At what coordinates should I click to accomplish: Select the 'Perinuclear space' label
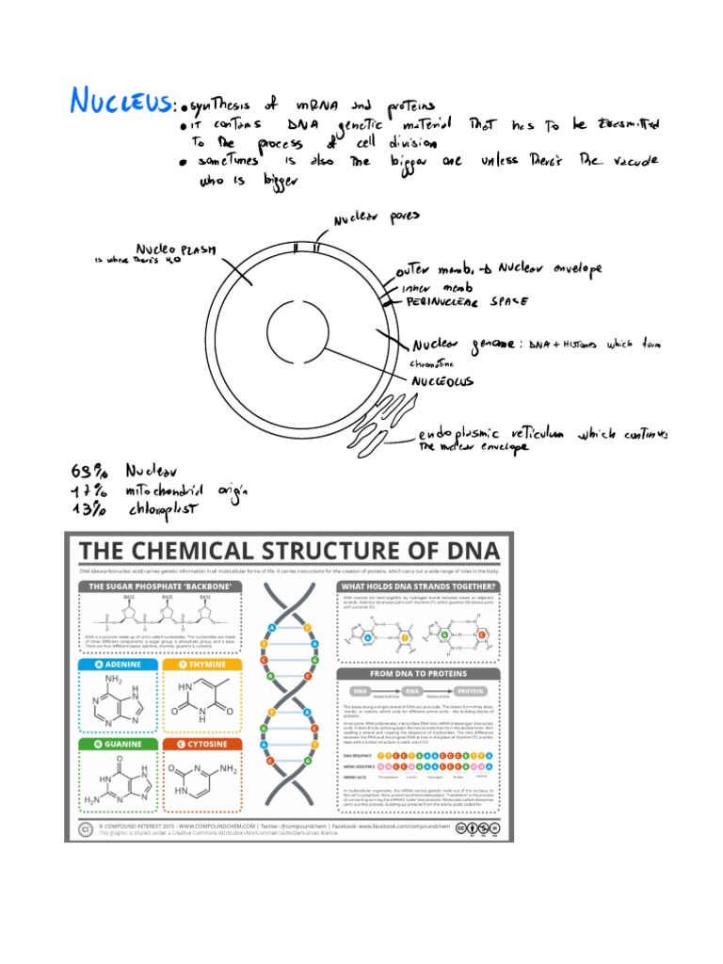click(467, 302)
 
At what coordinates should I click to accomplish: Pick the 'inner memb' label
click(438, 286)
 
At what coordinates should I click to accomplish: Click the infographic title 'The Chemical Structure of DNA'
click(290, 551)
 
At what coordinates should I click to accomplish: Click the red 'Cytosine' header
click(204, 744)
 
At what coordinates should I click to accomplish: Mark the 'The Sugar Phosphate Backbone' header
click(160, 586)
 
